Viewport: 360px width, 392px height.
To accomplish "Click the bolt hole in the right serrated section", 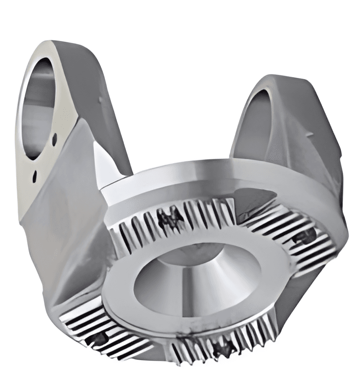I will tap(305, 235).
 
